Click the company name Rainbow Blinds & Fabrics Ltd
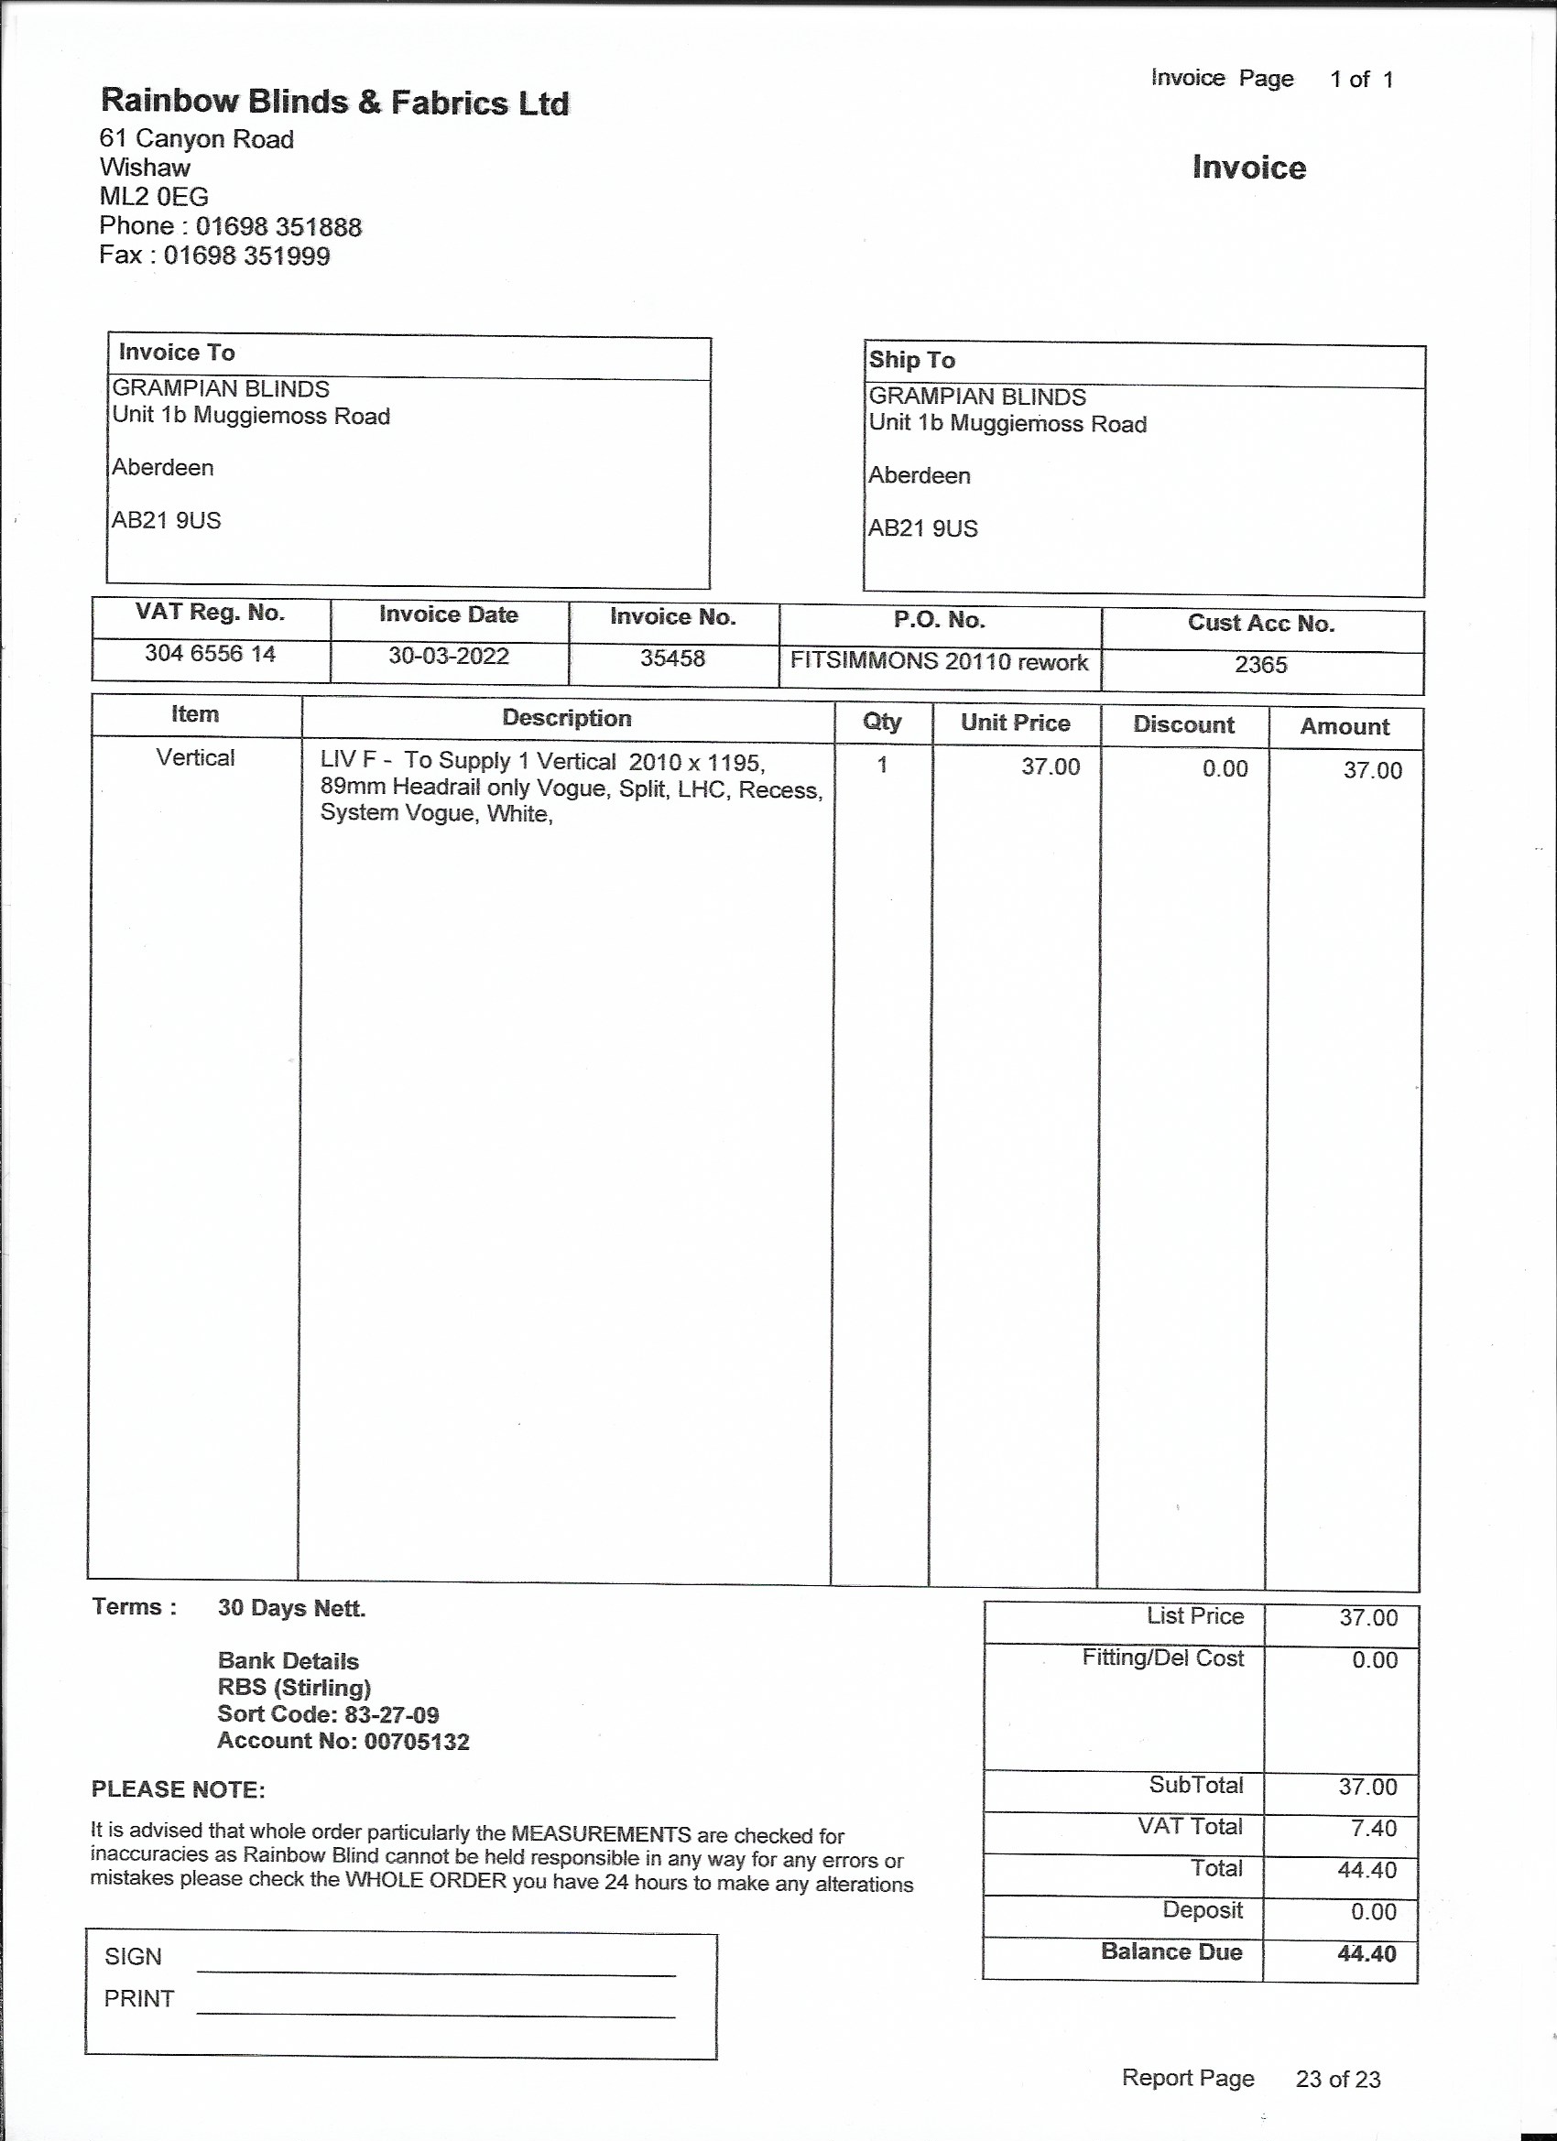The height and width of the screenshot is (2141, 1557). click(334, 102)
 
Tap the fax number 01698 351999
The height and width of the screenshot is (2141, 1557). click(246, 255)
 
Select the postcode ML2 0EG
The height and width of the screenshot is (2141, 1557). click(154, 196)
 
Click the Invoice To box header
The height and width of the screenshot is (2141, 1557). click(177, 353)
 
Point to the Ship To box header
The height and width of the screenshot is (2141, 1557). click(911, 360)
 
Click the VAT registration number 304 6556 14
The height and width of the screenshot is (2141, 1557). click(210, 653)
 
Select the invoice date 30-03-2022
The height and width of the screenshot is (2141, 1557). click(449, 656)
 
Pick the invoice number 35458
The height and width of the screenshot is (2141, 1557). click(672, 658)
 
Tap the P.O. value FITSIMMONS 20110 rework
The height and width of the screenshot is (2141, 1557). click(939, 662)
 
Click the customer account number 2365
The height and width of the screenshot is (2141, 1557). click(1260, 665)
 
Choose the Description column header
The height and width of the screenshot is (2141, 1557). click(567, 718)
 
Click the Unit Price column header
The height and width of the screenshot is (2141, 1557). click(1015, 723)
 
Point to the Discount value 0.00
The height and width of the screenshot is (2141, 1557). click(1225, 768)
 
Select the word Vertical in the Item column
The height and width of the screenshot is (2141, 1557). click(195, 757)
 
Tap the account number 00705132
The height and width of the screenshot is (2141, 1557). click(417, 1742)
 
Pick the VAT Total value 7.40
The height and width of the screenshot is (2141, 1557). click(1373, 1829)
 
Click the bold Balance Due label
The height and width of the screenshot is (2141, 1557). click(1170, 1952)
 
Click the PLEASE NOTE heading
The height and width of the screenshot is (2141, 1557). click(179, 1790)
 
